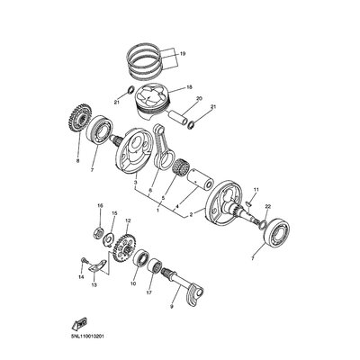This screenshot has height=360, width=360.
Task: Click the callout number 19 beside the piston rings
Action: pyautogui.click(x=183, y=54)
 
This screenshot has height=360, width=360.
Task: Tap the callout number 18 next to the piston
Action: pyautogui.click(x=189, y=87)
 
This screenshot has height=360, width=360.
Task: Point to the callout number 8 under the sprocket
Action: pyautogui.click(x=78, y=161)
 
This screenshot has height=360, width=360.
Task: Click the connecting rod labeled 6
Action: pyautogui.click(x=163, y=146)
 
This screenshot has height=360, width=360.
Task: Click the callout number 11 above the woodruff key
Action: pyautogui.click(x=256, y=190)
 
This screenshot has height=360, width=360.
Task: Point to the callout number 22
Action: pyautogui.click(x=268, y=207)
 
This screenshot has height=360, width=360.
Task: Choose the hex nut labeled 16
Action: pyautogui.click(x=99, y=232)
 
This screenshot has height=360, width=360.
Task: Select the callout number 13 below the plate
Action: pyautogui.click(x=94, y=285)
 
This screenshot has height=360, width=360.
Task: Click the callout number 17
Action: pyautogui.click(x=149, y=292)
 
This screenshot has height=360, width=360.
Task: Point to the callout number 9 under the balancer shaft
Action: pyautogui.click(x=172, y=307)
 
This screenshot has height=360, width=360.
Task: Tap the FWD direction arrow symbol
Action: pyautogui.click(x=78, y=324)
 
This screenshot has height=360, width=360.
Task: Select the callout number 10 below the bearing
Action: pyautogui.click(x=133, y=283)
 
